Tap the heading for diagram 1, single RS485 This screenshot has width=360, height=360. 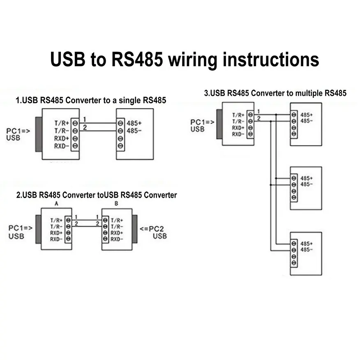[91, 100]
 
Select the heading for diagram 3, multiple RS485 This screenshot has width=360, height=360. [275, 93]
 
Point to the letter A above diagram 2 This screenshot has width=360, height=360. [56, 204]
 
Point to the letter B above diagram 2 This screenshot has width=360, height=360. [116, 204]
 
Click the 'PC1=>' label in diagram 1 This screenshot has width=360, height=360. [18, 131]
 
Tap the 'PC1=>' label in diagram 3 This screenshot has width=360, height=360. [202, 122]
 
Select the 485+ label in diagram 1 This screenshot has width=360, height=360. [134, 123]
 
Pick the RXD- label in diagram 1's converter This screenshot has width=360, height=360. [60, 146]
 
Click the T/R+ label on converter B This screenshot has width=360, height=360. [118, 220]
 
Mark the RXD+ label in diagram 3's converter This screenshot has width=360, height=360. [238, 128]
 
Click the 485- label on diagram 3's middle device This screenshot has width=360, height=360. [307, 185]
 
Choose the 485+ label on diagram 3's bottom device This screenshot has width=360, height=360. [307, 243]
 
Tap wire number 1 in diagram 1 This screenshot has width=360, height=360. [85, 120]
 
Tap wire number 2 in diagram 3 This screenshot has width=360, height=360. [258, 118]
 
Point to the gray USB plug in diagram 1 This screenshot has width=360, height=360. [38, 134]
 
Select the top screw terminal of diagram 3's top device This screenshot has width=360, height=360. [293, 115]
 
